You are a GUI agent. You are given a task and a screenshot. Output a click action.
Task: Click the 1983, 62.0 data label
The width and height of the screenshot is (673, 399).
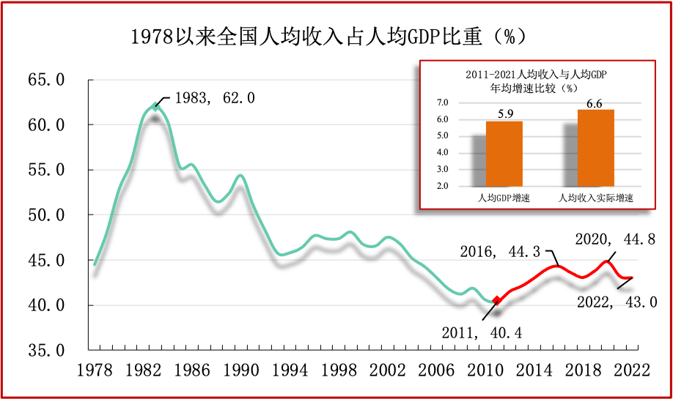214,97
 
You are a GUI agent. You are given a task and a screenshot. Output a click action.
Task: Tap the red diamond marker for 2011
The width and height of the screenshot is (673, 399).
496,299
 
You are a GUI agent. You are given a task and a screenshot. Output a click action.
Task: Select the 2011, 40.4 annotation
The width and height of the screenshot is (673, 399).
482,332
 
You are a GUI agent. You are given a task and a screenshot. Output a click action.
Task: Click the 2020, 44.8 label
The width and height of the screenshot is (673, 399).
614,239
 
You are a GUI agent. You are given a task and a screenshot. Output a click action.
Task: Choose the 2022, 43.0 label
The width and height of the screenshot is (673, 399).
616,301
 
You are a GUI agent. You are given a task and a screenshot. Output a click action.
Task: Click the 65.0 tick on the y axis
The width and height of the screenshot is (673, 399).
45,80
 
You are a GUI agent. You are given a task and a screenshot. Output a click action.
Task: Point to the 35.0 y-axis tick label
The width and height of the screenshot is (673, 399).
45,350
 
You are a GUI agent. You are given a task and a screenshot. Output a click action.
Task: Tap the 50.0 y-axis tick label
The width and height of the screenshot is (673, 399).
45,215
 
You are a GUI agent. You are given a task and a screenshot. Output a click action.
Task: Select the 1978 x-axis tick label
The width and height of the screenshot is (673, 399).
95,370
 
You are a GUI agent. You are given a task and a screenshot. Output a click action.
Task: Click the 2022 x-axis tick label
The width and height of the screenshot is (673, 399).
631,370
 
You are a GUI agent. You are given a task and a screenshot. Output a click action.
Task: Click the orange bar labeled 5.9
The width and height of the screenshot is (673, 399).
504,153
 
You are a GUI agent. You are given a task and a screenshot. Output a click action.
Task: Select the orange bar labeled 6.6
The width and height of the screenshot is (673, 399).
595,147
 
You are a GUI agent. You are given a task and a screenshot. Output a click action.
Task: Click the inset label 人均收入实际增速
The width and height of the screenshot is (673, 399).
595,198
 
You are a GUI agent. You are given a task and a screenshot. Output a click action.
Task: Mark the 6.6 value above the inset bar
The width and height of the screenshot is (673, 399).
595,103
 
